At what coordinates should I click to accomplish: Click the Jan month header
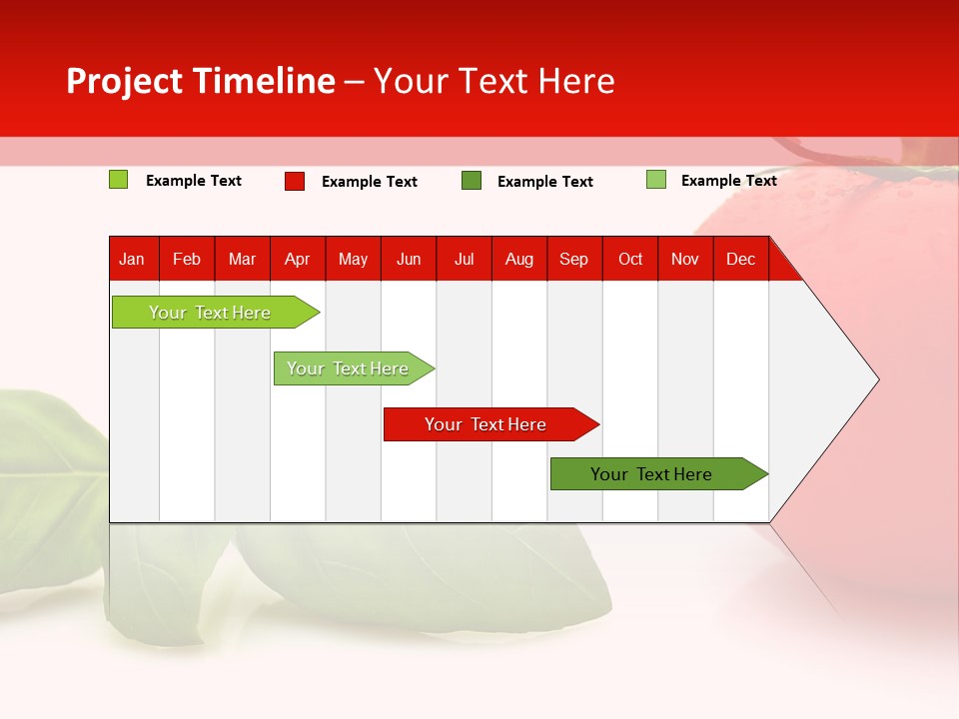(133, 259)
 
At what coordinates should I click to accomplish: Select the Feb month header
(187, 259)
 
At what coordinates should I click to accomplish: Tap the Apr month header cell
(298, 259)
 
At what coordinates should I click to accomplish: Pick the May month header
(353, 259)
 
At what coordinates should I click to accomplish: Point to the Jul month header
(464, 259)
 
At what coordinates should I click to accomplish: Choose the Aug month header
(519, 259)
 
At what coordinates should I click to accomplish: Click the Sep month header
(574, 259)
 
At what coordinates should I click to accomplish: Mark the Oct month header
(630, 259)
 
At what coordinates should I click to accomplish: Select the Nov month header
(685, 259)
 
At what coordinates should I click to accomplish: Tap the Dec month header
(740, 259)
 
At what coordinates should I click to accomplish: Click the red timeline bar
(485, 424)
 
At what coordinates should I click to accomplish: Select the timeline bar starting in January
(210, 313)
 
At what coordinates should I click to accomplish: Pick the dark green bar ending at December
(651, 474)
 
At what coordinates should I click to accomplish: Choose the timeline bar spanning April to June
(348, 368)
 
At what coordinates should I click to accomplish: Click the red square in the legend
(295, 181)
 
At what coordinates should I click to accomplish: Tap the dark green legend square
(472, 181)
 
